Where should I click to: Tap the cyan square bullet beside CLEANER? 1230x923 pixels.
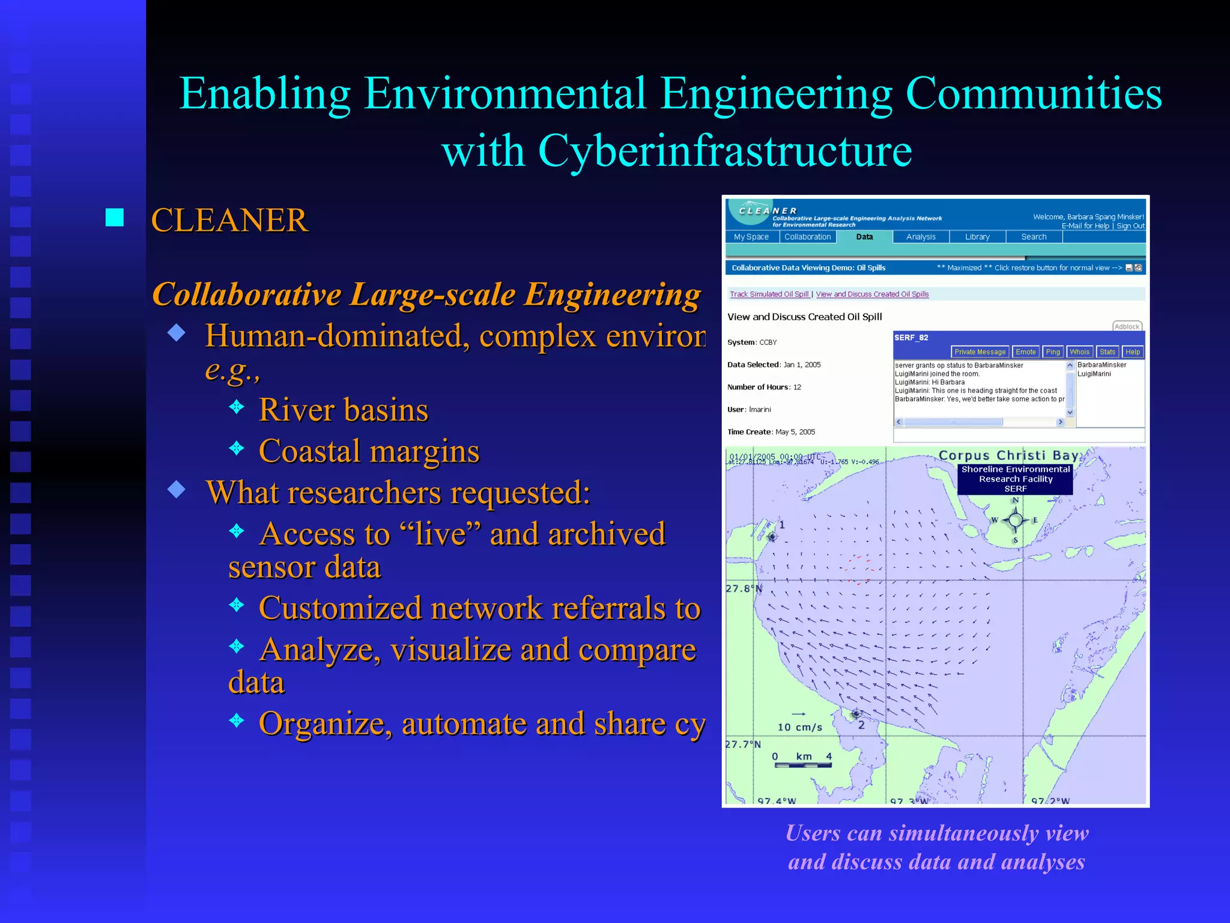coord(115,218)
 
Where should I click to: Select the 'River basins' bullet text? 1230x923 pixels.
coord(343,410)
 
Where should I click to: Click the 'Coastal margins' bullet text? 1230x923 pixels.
coord(369,451)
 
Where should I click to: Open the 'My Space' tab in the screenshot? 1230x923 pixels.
coord(751,237)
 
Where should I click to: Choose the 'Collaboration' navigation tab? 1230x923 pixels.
coord(807,237)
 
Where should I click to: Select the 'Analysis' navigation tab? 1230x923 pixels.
coord(921,237)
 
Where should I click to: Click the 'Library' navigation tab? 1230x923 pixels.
coord(977,237)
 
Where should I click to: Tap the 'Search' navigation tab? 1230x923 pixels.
coord(1034,237)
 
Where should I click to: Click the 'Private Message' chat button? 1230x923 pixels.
coord(980,352)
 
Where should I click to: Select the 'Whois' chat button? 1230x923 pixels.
coord(1079,352)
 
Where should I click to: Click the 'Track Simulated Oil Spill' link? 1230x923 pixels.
coord(769,294)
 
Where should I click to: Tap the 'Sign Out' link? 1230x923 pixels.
coord(1130,226)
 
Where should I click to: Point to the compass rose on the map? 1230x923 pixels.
coord(1015,520)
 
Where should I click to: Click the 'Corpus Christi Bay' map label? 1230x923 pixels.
coord(1009,455)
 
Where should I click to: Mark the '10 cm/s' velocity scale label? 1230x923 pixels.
coord(799,727)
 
